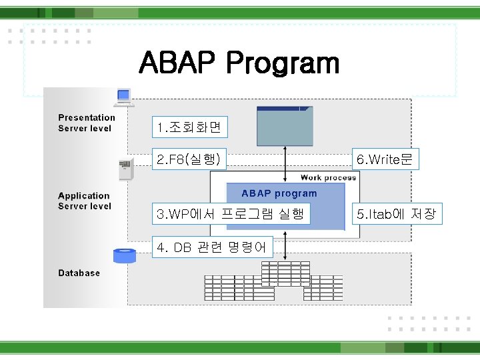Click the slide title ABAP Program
pyautogui.click(x=239, y=64)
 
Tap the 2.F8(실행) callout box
pyautogui.click(x=189, y=159)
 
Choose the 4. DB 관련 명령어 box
pyautogui.click(x=213, y=248)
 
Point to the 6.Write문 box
pyautogui.click(x=385, y=159)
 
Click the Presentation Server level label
pyautogui.click(x=86, y=123)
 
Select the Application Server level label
pyautogui.click(x=84, y=201)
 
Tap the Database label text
pyautogui.click(x=79, y=273)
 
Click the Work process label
pyautogui.click(x=328, y=177)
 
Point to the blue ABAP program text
pyautogui.click(x=279, y=193)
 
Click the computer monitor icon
pyautogui.click(x=123, y=97)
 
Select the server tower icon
pyautogui.click(x=125, y=171)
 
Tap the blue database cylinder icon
pyautogui.click(x=125, y=255)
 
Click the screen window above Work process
pyautogui.click(x=285, y=125)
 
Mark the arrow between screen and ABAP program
pyautogui.click(x=285, y=164)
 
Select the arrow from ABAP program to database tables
pyautogui.click(x=285, y=245)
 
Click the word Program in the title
pyautogui.click(x=283, y=64)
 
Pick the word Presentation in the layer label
pyautogui.click(x=87, y=118)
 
